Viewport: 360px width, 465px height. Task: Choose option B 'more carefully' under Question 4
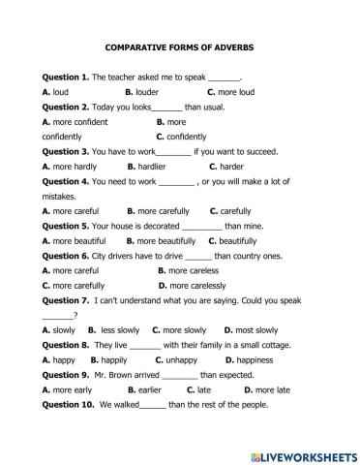click(159, 210)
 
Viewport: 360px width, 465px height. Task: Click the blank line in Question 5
click(202, 225)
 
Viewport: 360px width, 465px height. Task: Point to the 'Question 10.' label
click(68, 404)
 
